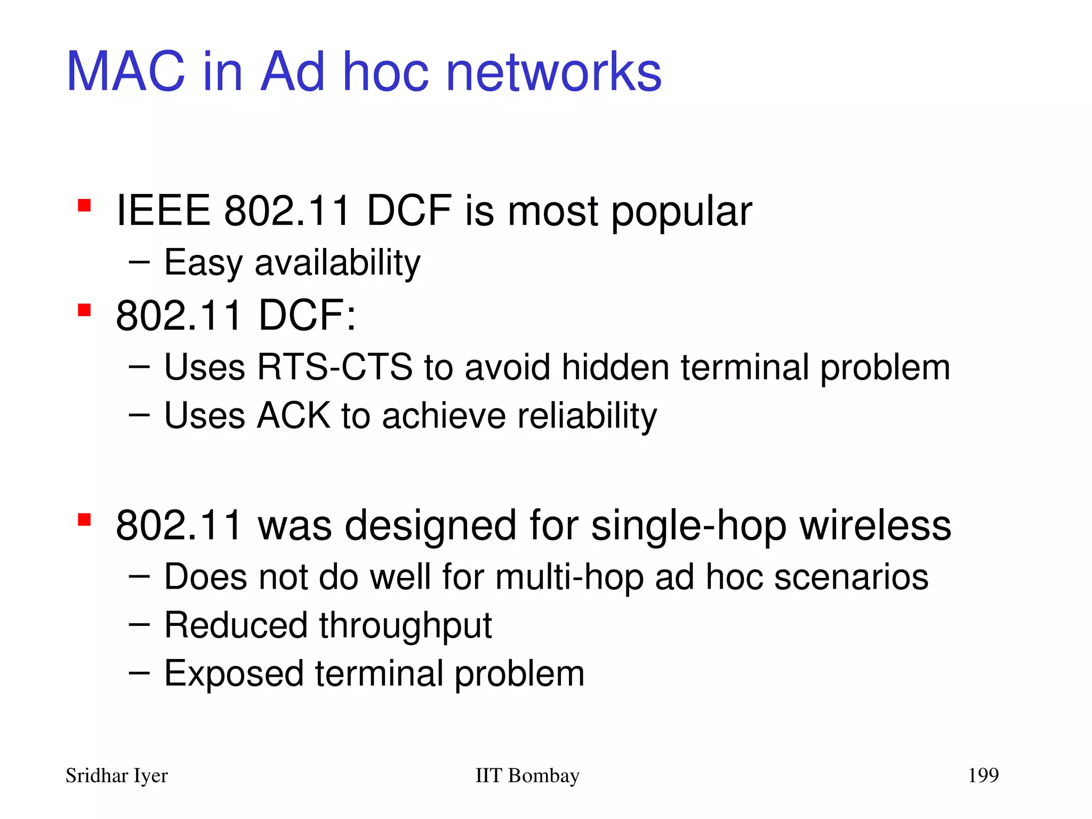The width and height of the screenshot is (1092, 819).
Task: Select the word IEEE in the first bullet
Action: click(163, 211)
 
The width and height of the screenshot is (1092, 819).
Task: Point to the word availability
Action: click(338, 263)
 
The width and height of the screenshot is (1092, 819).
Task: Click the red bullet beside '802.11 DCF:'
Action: click(84, 310)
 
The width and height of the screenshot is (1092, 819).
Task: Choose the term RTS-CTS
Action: click(334, 367)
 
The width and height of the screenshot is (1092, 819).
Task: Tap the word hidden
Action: click(615, 367)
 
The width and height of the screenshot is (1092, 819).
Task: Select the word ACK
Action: click(293, 415)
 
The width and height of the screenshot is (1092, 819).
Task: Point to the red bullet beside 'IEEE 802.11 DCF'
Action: click(84, 205)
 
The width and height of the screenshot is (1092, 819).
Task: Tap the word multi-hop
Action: click(569, 577)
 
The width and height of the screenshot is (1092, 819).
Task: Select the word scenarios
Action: click(851, 577)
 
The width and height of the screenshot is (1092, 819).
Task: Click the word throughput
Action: click(405, 626)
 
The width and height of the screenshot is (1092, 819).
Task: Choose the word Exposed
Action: click(234, 674)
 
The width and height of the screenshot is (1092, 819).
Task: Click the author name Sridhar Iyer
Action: click(116, 776)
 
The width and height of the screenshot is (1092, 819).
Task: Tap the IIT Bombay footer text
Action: click(527, 776)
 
